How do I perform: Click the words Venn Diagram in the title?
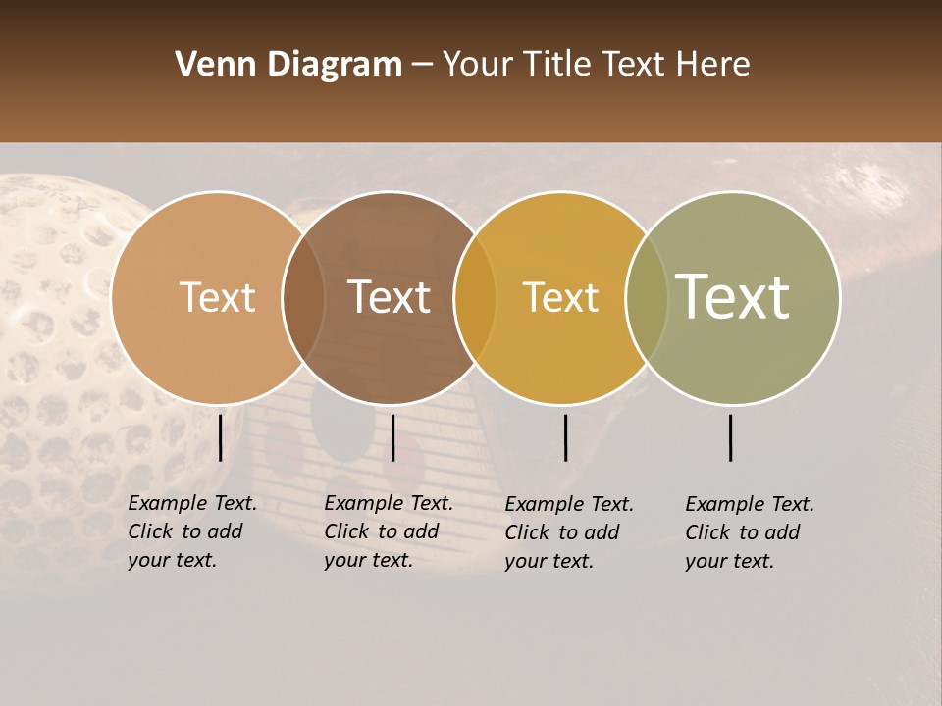coord(288,65)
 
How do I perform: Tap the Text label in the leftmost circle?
coord(217,297)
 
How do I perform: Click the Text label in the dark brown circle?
coord(390,297)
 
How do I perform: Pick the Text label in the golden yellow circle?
coord(560,297)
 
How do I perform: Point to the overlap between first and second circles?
coord(303,297)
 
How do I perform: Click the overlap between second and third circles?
coord(475,297)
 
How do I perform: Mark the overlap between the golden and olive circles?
coord(647,297)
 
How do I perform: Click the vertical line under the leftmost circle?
coord(220,437)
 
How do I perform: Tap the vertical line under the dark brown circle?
coord(392,437)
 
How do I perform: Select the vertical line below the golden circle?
coord(565,437)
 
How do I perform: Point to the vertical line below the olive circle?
coord(731,437)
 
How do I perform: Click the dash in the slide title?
coord(422,65)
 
